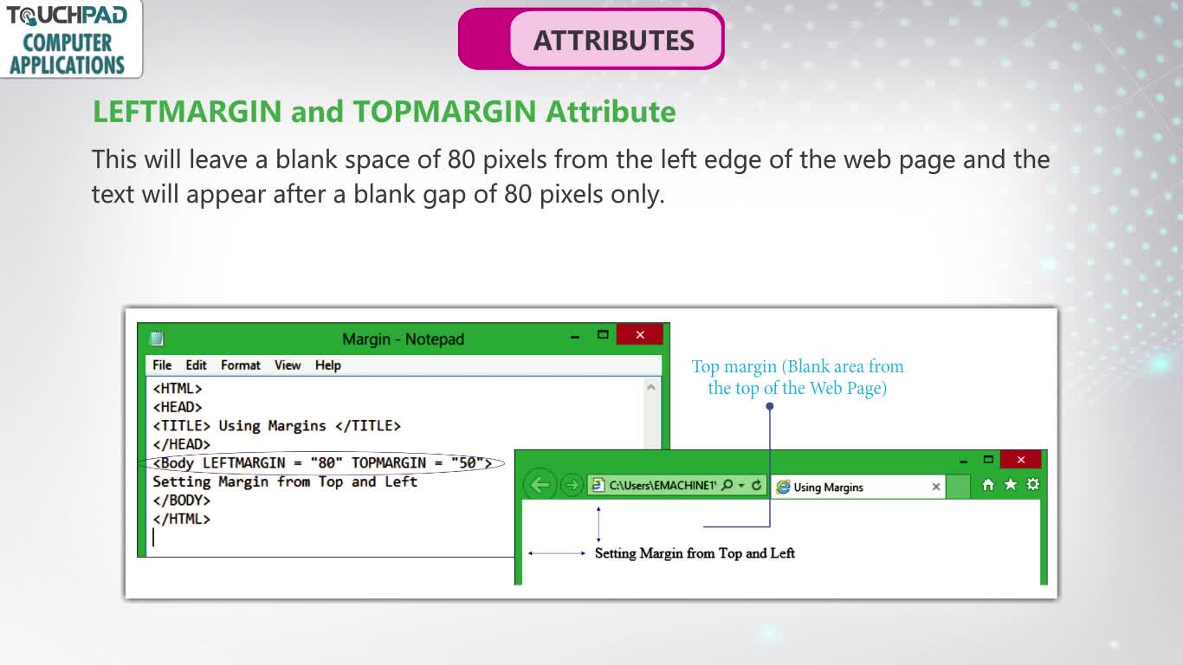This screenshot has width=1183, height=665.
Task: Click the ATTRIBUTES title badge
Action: point(591,39)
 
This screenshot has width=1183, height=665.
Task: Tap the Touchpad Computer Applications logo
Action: point(70,39)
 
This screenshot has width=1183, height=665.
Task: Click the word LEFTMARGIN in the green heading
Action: point(187,112)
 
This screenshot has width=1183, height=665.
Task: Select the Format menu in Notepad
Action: point(240,365)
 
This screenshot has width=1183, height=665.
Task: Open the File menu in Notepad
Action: point(162,365)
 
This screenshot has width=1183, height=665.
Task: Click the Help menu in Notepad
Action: point(328,365)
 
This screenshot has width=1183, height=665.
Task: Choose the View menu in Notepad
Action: point(288,365)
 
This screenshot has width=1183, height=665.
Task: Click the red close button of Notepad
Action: point(639,334)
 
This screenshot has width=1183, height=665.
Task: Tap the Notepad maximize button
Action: point(603,334)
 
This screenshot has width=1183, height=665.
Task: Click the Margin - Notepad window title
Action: point(403,339)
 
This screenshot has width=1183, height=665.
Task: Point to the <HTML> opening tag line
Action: point(178,389)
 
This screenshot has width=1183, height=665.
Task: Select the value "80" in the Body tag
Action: point(326,463)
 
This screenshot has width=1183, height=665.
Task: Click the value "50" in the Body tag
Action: point(468,463)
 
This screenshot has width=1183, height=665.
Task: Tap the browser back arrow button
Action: point(540,484)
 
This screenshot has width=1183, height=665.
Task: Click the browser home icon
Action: point(988,484)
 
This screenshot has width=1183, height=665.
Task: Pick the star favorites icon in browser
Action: point(1011,484)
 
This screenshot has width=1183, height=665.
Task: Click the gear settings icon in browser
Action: point(1033,484)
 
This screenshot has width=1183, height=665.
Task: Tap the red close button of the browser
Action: point(1020,460)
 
